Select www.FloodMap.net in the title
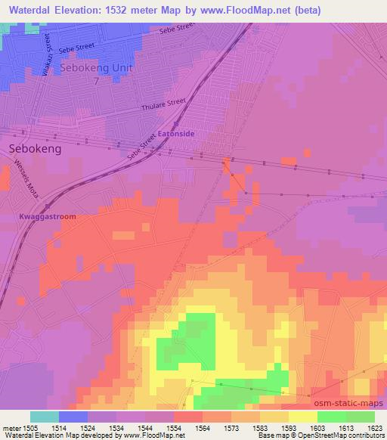[x=248, y=10]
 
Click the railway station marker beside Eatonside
[x=176, y=124]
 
